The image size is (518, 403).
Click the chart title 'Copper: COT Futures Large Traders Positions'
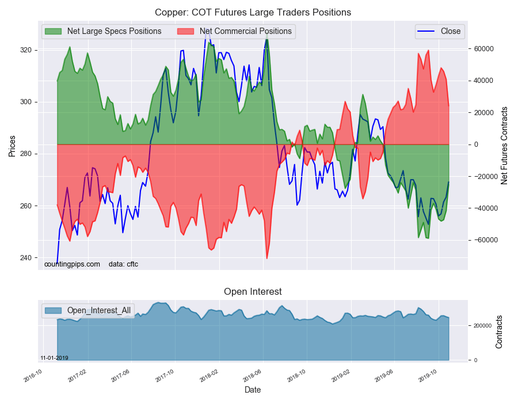(x=253, y=12)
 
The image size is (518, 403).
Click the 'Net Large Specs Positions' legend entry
(x=114, y=31)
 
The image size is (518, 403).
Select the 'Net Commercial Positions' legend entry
(x=245, y=31)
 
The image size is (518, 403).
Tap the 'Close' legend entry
(x=450, y=31)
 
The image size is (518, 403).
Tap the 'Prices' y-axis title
(x=12, y=145)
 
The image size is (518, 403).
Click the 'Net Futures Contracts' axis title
(x=505, y=145)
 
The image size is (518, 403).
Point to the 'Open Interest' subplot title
(x=253, y=292)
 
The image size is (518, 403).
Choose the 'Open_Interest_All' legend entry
(x=98, y=311)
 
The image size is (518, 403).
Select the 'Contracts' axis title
(x=499, y=332)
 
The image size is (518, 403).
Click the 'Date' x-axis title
(x=253, y=390)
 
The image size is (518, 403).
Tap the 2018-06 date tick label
(x=253, y=375)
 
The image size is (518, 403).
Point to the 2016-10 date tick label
(x=33, y=375)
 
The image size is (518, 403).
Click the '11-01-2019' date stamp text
(x=54, y=358)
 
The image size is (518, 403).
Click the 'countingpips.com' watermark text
(x=72, y=264)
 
